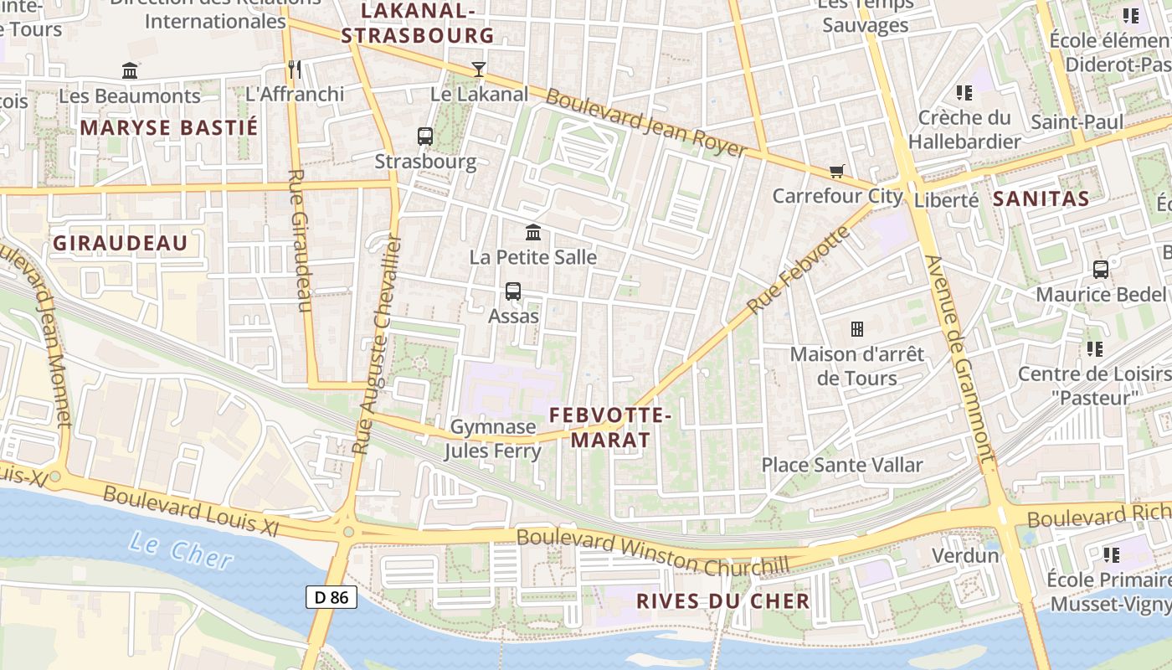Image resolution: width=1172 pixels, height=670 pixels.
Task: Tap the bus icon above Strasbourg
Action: point(425,136)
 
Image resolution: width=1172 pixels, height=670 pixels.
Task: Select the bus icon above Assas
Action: point(513,291)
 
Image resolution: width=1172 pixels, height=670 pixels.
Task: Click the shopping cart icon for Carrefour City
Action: point(835,172)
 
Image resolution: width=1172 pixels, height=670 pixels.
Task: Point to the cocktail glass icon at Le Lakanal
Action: point(479,69)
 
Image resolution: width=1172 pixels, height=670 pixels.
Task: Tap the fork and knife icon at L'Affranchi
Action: point(294,69)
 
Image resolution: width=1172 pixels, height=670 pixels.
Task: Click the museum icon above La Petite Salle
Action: point(533,232)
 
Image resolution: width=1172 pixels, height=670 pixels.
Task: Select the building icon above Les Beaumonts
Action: point(130,71)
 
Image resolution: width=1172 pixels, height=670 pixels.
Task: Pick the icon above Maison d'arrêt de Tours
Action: point(856,328)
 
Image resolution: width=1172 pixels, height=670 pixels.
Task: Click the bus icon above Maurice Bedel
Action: point(1101,270)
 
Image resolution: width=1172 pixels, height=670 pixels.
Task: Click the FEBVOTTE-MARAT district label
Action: point(610,427)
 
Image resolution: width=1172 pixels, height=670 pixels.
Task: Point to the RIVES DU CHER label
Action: point(722,600)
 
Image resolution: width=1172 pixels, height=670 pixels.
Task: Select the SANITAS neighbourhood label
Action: point(1041,198)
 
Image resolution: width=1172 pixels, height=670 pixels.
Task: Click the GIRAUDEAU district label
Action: point(120,243)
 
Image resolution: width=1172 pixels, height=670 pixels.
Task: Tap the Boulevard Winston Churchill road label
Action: point(653,553)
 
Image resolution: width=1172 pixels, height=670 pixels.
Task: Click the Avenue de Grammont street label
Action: point(960,360)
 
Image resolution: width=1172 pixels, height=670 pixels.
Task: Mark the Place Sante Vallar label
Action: point(841,465)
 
